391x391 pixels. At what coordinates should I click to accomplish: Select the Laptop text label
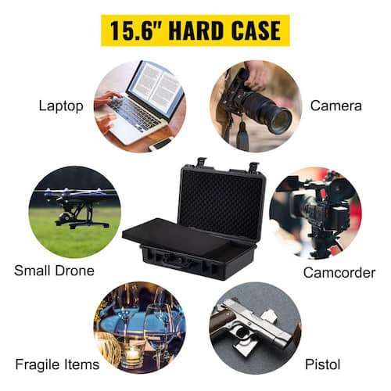coord(61,106)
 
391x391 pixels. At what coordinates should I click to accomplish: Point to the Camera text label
coord(336,106)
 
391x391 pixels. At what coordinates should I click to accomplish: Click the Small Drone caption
coord(54,271)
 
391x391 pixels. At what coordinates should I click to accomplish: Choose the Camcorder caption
coord(339,273)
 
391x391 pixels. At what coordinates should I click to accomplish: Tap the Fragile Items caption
coord(57,364)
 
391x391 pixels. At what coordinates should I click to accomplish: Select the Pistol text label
coord(323,364)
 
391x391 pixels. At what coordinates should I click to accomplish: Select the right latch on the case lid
coord(254,167)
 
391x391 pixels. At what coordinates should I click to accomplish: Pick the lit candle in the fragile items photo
coord(132,353)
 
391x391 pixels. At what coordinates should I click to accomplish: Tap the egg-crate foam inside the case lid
coord(222,205)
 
